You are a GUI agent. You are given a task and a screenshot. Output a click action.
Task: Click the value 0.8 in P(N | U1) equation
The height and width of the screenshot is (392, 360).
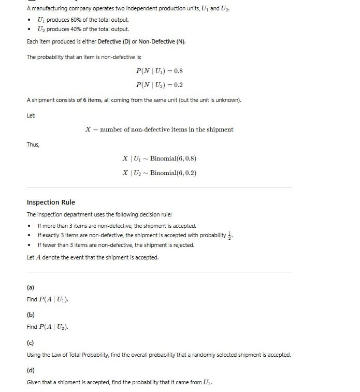[x=177, y=71]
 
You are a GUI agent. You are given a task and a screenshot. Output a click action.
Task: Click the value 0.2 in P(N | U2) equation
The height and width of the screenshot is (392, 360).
[x=177, y=85]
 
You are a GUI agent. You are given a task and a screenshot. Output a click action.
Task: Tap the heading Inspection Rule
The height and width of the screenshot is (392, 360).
[x=51, y=202]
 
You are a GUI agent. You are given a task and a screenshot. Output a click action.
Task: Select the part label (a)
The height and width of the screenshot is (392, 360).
[x=31, y=287]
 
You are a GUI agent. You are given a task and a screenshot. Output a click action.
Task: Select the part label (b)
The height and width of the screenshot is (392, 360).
[x=31, y=314]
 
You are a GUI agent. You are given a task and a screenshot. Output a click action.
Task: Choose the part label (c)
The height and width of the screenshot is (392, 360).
[x=31, y=342]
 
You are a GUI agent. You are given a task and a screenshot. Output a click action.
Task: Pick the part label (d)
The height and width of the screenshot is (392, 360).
[x=31, y=370]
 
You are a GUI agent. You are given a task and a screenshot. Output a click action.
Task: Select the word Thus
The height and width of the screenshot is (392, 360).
[x=33, y=144]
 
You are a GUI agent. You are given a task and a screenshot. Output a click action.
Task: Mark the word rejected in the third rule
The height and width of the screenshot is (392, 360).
[x=183, y=245]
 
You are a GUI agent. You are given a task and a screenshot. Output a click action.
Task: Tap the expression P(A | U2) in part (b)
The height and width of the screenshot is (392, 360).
[x=54, y=327]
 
